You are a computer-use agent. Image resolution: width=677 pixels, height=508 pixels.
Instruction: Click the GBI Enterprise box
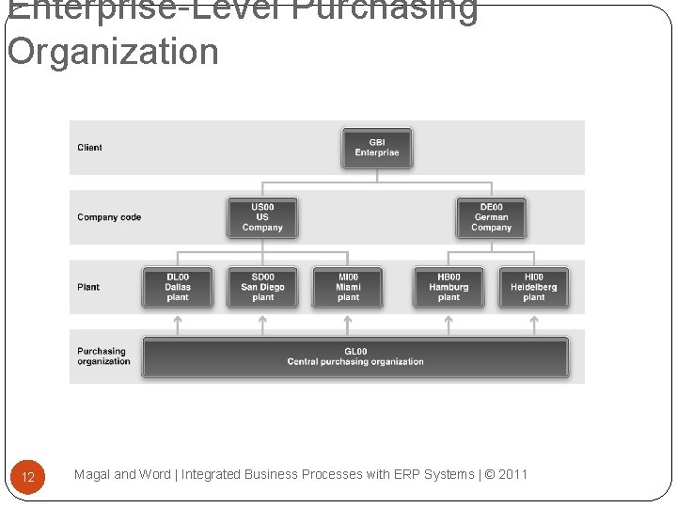376,148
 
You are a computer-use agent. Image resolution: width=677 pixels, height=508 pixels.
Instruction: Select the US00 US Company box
261,217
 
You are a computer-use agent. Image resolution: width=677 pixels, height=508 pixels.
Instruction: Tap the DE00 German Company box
491,217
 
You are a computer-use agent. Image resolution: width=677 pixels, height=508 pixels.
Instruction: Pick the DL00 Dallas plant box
177,287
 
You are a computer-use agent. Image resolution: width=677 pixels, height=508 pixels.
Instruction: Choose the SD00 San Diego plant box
262,287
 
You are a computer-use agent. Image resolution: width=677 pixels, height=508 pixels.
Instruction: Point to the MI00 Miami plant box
348,287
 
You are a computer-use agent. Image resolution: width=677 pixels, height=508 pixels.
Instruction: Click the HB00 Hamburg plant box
449,287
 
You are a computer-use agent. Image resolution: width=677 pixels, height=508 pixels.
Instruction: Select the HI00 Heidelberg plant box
533,287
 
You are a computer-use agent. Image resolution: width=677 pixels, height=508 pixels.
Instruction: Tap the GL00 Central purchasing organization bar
354,357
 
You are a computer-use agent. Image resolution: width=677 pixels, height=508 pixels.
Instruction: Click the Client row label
89,148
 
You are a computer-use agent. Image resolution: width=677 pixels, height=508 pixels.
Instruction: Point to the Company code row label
109,217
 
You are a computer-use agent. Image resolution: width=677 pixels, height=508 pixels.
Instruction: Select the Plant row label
88,287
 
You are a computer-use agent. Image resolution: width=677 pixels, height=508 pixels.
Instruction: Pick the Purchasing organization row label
103,357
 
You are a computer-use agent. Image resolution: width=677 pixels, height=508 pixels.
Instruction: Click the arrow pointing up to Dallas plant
177,324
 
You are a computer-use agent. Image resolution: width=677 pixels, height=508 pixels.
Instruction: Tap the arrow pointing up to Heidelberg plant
533,324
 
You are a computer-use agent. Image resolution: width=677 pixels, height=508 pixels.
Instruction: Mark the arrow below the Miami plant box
348,324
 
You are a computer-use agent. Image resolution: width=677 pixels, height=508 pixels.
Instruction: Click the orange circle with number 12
28,477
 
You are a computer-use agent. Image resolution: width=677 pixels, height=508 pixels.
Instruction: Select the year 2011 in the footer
513,474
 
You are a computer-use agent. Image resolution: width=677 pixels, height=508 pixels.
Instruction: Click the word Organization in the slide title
113,52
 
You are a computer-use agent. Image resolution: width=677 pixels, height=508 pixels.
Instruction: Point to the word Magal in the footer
92,474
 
